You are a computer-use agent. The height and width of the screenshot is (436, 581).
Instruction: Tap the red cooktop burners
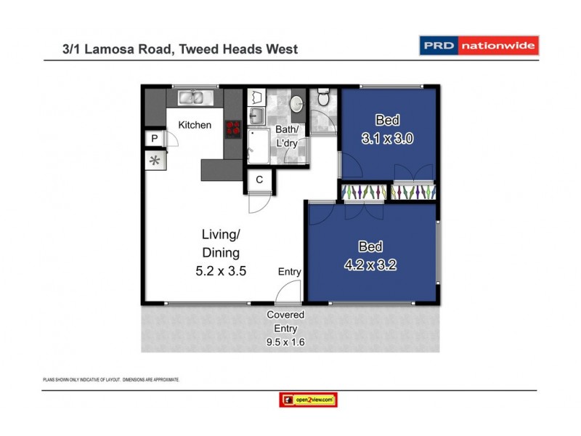pyautogui.click(x=233, y=128)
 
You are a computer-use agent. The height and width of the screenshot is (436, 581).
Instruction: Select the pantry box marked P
pyautogui.click(x=155, y=139)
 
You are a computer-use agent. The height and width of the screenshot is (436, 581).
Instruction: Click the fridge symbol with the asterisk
pyautogui.click(x=155, y=161)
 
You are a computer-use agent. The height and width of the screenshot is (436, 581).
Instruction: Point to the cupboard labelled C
pyautogui.click(x=259, y=180)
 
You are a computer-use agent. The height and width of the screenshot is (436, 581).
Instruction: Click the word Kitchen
pyautogui.click(x=195, y=125)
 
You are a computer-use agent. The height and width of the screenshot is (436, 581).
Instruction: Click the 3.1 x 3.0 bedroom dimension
pyautogui.click(x=388, y=138)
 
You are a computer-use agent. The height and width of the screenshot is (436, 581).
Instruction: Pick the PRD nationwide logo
pyautogui.click(x=479, y=47)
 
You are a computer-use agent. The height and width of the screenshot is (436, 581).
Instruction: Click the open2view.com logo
pyautogui.click(x=308, y=400)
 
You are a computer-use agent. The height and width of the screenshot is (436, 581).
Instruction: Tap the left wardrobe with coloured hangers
pyautogui.click(x=362, y=192)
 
